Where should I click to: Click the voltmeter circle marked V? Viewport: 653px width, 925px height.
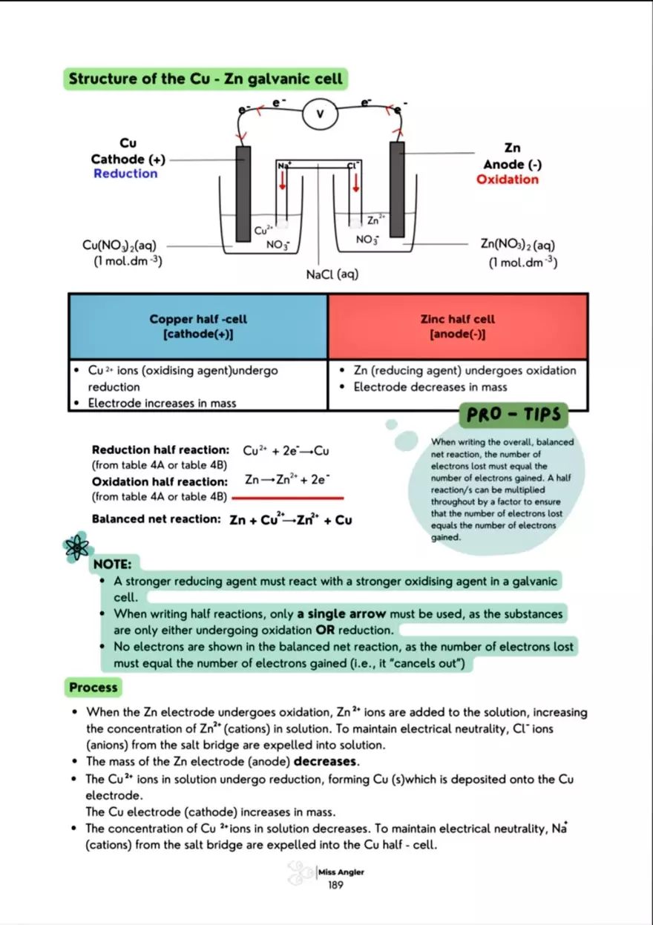click(x=321, y=114)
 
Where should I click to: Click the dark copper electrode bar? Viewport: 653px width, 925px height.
click(x=243, y=193)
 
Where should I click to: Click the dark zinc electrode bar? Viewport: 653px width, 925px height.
click(x=397, y=191)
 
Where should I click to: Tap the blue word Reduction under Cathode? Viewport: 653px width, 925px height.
click(x=125, y=174)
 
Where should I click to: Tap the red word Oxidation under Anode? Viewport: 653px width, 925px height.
click(x=508, y=180)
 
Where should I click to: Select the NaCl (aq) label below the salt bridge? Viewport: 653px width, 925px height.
click(x=332, y=274)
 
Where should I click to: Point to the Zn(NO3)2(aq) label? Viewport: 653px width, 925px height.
click(x=517, y=245)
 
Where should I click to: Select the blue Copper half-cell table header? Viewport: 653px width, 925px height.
click(x=198, y=326)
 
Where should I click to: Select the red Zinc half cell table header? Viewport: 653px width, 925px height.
click(x=457, y=326)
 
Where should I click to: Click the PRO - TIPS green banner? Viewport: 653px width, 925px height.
click(x=513, y=415)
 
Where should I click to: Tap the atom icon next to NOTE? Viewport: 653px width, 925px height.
click(x=76, y=548)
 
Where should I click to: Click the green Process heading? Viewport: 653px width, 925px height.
click(x=93, y=688)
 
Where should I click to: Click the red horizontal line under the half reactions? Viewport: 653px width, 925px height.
click(x=288, y=498)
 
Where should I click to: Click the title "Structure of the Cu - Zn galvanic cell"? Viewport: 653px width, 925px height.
click(x=206, y=79)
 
